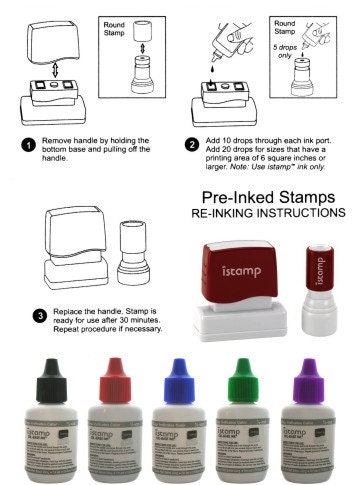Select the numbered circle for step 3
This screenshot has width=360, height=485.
point(39,315)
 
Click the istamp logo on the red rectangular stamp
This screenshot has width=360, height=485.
point(237,269)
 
